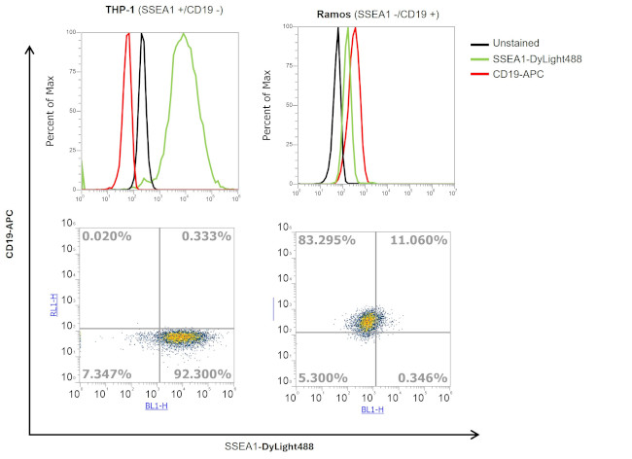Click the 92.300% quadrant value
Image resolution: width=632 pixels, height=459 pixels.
point(205,373)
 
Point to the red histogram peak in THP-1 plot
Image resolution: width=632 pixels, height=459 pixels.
point(128,36)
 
